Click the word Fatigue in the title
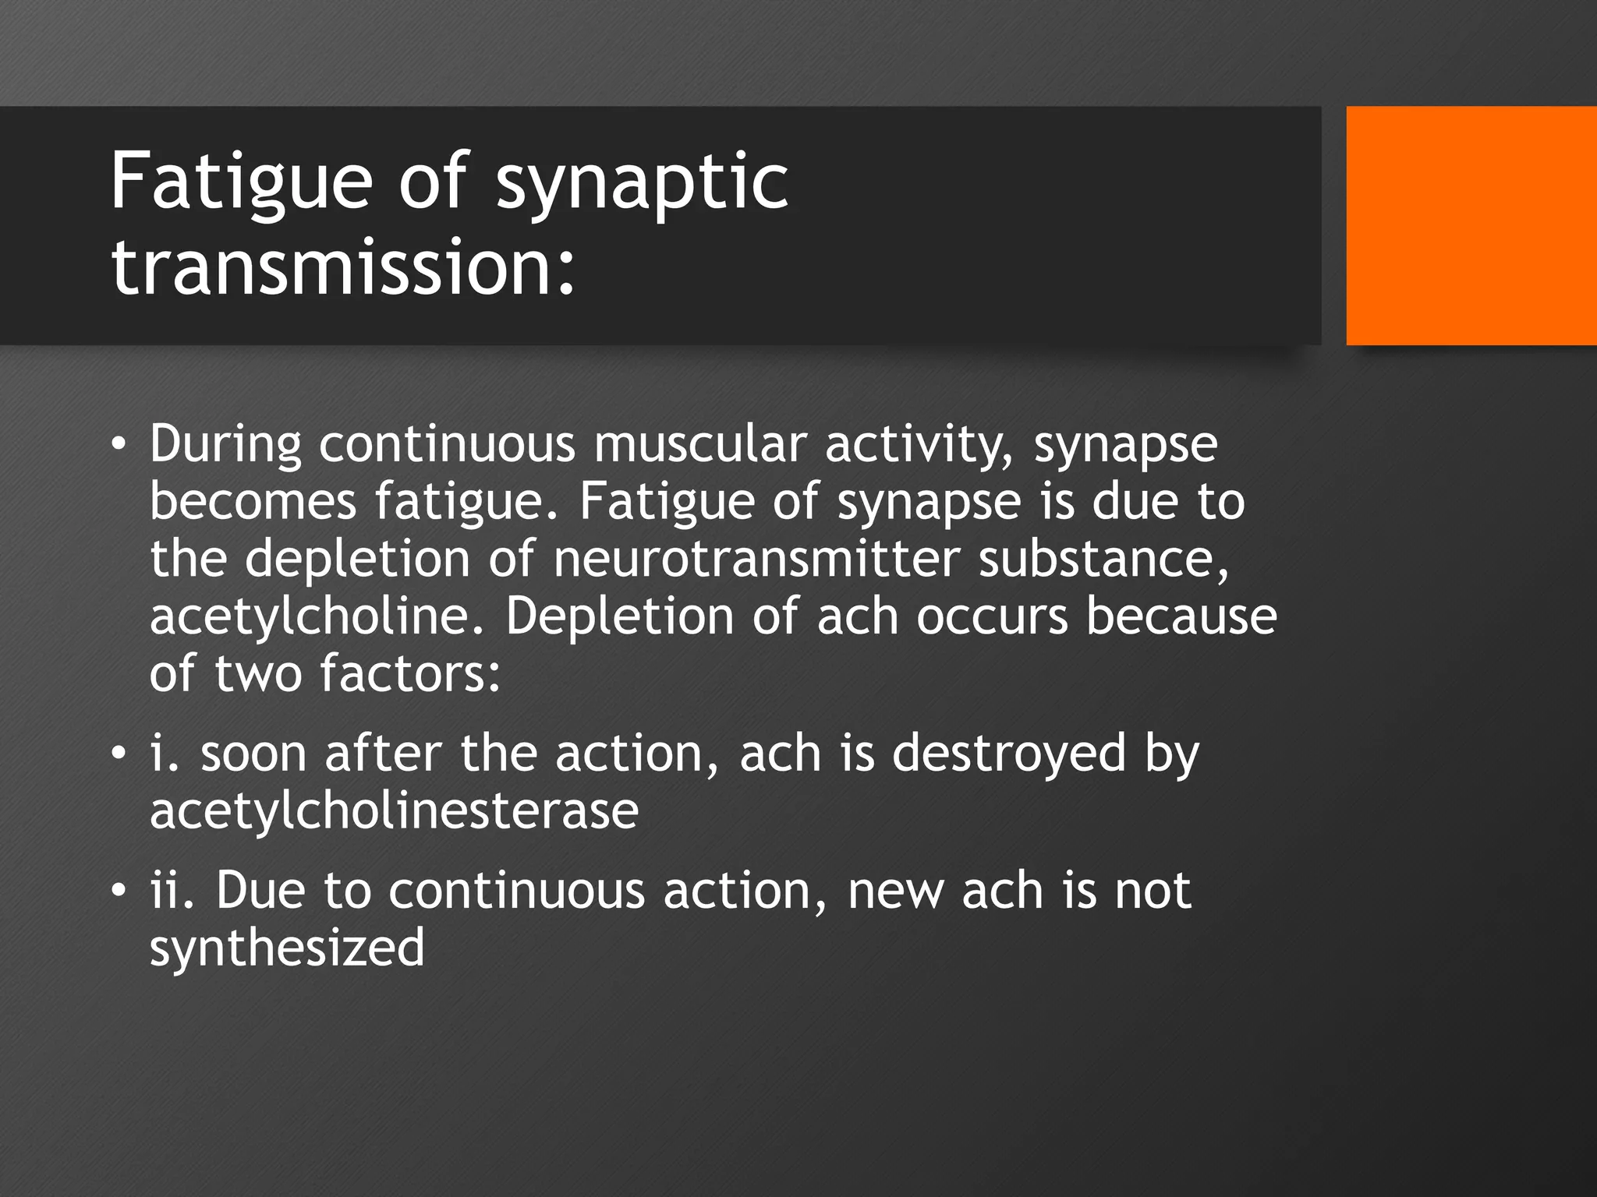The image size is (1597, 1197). pos(241,181)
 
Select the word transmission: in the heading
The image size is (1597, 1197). pos(343,267)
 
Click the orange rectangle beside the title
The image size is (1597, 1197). pos(1471,226)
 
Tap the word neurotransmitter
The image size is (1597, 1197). pos(756,559)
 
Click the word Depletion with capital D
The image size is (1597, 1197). pos(619,616)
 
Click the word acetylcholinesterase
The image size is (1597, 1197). pos(394,811)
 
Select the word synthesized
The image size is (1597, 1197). pos(287,948)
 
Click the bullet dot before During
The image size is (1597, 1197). pos(118,445)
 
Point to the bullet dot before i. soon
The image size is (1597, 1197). pos(118,754)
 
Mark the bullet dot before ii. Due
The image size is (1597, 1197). pos(118,890)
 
